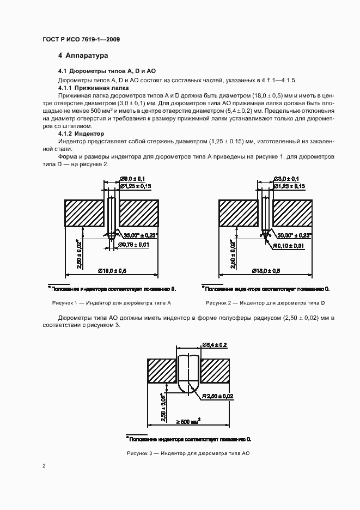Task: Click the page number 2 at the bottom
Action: coord(44,466)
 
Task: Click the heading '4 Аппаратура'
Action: coord(83,56)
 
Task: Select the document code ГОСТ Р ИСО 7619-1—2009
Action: coord(81,40)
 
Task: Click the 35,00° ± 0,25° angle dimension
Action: coord(140,235)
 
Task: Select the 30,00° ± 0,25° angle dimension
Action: coord(294,235)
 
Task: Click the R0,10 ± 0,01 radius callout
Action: coord(289,246)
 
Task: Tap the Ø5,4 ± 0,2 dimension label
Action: coord(215,345)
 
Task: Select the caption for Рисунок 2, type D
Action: coord(265,302)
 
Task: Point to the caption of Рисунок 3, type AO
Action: coord(188,453)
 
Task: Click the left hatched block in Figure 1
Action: coord(84,212)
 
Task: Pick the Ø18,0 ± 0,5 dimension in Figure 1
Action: coord(113,271)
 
